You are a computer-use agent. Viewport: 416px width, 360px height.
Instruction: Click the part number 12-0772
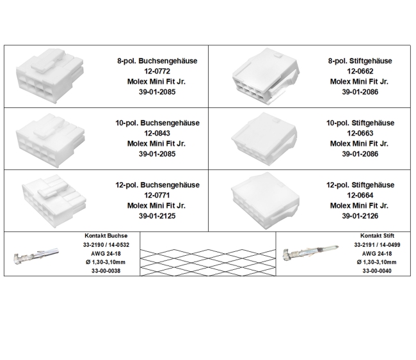(x=157, y=71)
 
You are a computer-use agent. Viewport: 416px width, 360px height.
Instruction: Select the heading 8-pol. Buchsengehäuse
(x=157, y=61)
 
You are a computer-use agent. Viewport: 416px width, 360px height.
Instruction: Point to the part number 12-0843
(x=157, y=133)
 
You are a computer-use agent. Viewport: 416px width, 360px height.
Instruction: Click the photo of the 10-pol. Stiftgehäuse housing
(x=260, y=137)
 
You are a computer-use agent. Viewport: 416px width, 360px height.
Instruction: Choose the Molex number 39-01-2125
(x=157, y=216)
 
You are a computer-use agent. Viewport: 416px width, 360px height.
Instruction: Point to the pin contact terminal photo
(x=311, y=253)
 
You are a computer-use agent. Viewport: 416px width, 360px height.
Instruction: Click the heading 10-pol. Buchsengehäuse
(x=157, y=123)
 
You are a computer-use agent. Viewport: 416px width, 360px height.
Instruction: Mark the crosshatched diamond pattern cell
(x=207, y=253)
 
